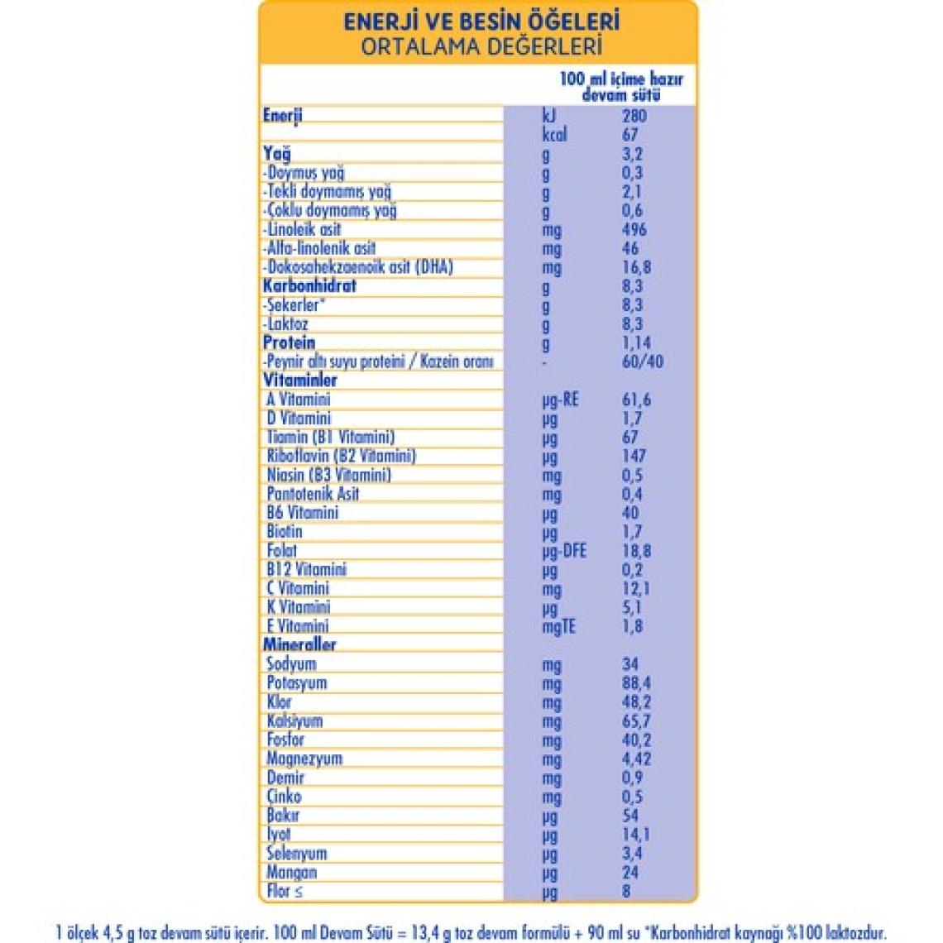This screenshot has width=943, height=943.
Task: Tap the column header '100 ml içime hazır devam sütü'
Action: pos(621,87)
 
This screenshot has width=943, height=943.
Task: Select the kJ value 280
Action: pos(634,116)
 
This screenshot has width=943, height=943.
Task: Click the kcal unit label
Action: pos(554,135)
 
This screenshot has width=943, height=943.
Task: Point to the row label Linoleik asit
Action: pos(304,230)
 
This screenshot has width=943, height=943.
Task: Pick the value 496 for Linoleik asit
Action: pos(634,230)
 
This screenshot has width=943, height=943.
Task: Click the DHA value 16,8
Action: pos(636,267)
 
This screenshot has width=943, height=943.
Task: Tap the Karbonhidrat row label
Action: pos(309,286)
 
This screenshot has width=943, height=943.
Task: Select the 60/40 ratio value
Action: pos(642,361)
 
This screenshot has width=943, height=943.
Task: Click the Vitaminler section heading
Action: pos(299,381)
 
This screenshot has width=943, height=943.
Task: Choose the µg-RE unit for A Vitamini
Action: pos(560,400)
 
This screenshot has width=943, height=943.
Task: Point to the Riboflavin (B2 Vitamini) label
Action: pos(341,456)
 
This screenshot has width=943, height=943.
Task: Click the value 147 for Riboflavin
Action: pos(634,456)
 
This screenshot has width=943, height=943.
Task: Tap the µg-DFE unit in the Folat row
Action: pos(564,551)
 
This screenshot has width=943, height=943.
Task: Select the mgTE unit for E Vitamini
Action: pos(558,627)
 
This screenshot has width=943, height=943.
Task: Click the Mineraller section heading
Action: pos(299,644)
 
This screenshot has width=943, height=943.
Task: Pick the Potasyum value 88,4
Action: pos(636,683)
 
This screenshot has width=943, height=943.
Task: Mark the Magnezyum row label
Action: pos(304,759)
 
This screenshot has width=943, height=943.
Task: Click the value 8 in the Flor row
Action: pos(626,891)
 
